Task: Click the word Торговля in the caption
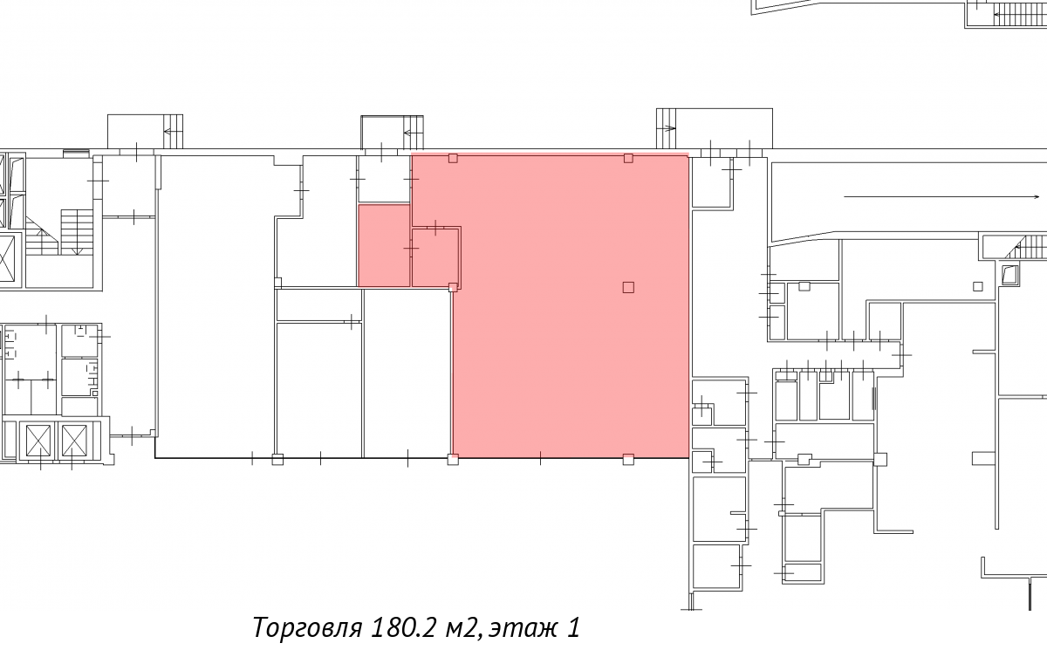point(307,627)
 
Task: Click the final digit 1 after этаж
point(574,627)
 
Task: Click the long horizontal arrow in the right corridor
point(941,196)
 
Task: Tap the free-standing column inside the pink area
point(628,287)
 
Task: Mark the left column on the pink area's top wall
point(453,159)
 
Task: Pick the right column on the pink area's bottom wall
point(628,460)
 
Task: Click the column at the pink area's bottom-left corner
point(453,460)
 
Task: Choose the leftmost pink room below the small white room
point(384,245)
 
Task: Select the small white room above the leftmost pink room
point(384,179)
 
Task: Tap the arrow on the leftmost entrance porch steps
point(173,131)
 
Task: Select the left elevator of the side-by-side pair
point(38,441)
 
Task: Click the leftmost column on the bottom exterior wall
point(277,460)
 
